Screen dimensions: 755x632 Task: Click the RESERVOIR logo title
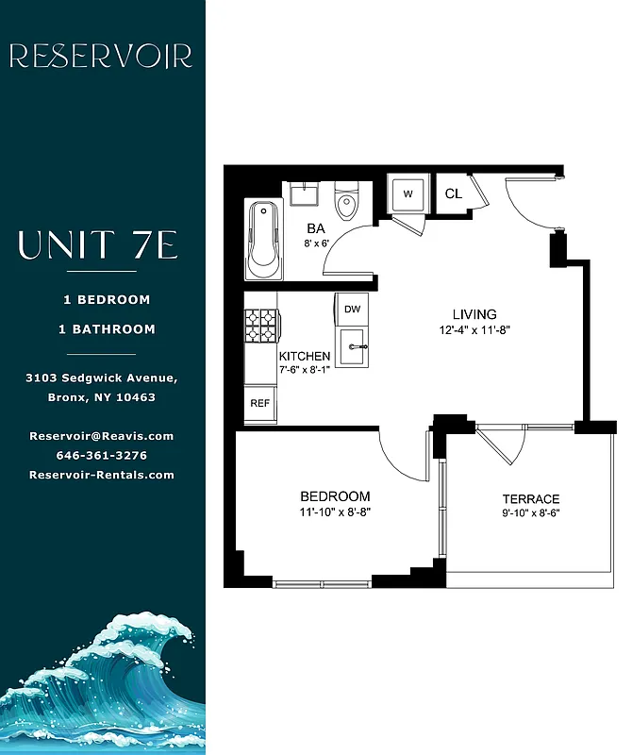[101, 57]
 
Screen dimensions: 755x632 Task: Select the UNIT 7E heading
[98, 247]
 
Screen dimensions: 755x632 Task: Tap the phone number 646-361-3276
[102, 455]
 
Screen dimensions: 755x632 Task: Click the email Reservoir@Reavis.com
[102, 436]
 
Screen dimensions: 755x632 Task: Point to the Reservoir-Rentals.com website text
[102, 475]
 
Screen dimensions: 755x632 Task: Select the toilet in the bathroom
[347, 200]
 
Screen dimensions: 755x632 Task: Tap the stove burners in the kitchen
[261, 326]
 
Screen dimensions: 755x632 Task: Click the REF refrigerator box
[259, 403]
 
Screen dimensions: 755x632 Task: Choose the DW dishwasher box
[353, 309]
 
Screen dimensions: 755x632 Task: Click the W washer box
[408, 193]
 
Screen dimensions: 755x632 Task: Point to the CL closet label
[453, 193]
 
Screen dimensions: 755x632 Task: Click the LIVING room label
[474, 314]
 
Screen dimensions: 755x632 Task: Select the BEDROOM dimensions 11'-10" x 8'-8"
[335, 513]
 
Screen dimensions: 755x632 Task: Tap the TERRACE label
[530, 499]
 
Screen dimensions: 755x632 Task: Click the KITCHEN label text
[305, 356]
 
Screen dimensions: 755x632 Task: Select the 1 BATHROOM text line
[107, 329]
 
